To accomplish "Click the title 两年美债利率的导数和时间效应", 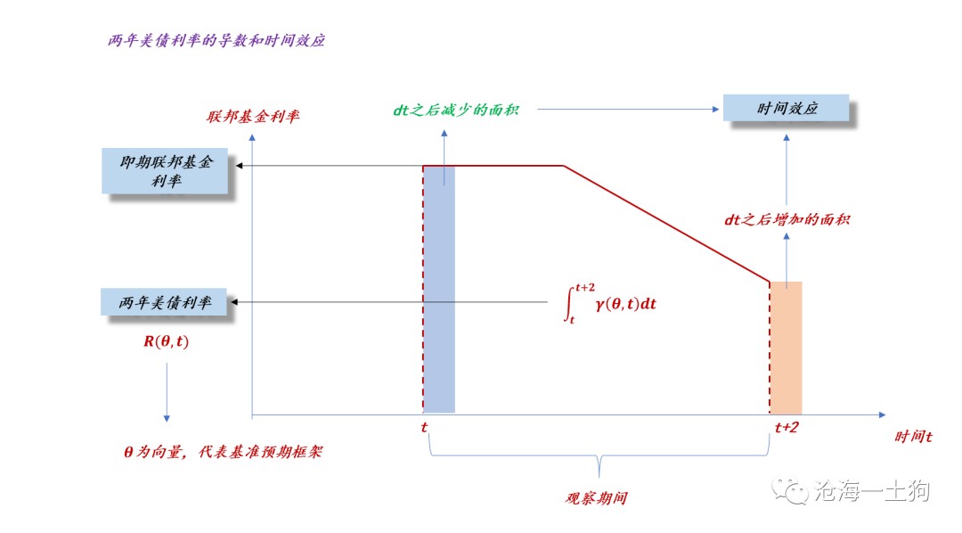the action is [x=216, y=40].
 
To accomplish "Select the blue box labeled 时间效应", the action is [x=786, y=108].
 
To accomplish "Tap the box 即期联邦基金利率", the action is [x=165, y=171].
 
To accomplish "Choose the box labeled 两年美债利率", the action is [x=164, y=301].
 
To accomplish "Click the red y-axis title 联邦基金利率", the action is [x=253, y=116].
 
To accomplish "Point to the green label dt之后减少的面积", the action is [x=456, y=110].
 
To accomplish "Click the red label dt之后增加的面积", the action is [x=787, y=219].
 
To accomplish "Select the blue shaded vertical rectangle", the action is [x=439, y=289].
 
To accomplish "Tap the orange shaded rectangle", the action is [x=786, y=348].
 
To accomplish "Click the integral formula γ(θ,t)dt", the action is [x=610, y=303].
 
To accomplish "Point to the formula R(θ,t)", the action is [x=167, y=341].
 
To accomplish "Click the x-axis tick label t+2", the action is [x=787, y=428].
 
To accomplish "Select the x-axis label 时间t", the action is [x=913, y=437].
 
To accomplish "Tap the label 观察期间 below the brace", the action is [x=596, y=498].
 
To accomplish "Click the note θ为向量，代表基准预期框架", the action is [x=223, y=452].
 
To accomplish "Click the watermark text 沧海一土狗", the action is [x=872, y=490].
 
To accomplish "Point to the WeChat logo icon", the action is [x=789, y=491].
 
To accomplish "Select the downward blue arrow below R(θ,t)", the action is [x=167, y=392].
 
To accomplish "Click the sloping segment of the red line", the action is [x=667, y=224].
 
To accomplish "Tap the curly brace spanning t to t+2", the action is [x=599, y=455].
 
